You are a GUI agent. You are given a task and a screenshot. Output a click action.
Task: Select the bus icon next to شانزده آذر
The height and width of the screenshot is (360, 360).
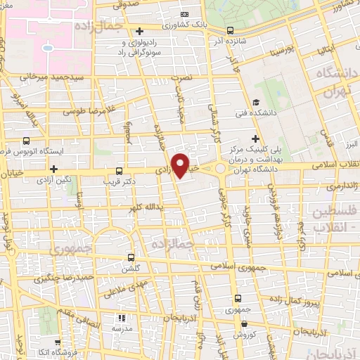pos(231,30)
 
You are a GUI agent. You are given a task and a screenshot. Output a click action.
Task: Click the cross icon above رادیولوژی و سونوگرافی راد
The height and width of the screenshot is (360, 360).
pos(141,31)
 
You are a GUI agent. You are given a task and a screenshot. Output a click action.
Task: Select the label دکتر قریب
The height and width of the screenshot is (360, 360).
pos(119,181)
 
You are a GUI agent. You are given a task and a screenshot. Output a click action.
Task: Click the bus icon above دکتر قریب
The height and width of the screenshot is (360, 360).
pos(118,170)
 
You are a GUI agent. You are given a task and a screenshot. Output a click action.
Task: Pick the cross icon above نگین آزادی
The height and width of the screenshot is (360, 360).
pos(53,169)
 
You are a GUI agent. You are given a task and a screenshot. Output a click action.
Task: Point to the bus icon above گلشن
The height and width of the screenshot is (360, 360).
pos(131,257)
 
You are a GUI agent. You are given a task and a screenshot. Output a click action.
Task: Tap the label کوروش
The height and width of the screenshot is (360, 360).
pos(243,335)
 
